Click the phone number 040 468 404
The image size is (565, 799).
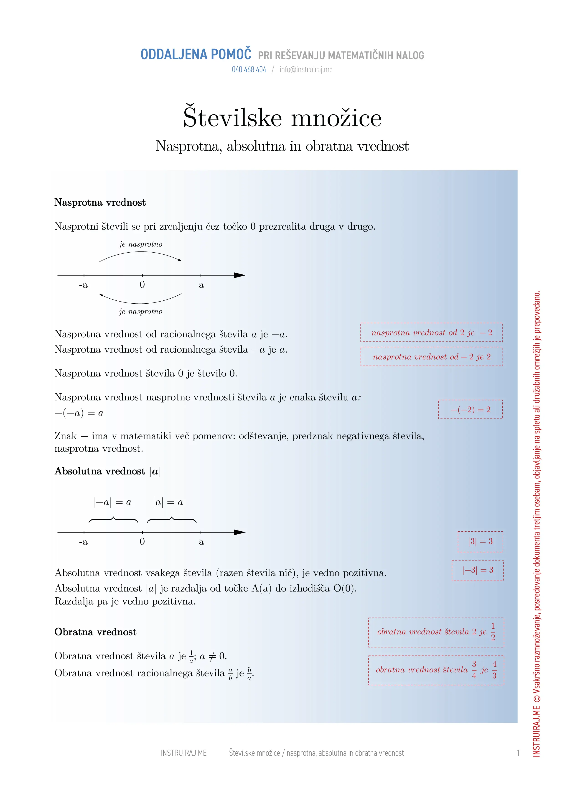pos(249,70)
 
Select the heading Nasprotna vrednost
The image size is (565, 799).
pos(100,202)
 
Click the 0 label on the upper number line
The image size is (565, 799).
pos(142,285)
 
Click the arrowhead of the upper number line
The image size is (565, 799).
pos(240,275)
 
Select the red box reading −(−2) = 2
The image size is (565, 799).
pos(470,410)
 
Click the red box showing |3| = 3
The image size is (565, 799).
pos(480,541)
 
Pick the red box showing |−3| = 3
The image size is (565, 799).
pos(477,570)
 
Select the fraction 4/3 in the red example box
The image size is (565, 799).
pos(494,670)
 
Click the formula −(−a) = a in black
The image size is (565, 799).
pos(79,413)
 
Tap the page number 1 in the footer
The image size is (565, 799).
pos(518,753)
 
